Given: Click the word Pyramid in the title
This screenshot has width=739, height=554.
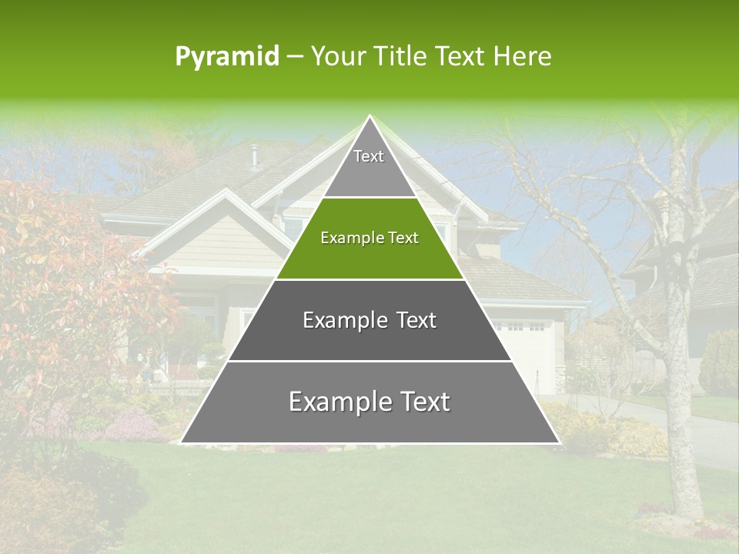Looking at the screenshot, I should click(x=227, y=57).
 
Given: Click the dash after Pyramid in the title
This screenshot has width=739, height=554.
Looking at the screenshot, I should click(x=295, y=57).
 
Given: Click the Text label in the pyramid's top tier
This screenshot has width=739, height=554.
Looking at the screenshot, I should click(x=369, y=156).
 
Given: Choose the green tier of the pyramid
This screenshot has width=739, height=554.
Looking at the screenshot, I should click(x=369, y=258).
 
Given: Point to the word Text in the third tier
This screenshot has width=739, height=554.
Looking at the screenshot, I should click(x=416, y=320).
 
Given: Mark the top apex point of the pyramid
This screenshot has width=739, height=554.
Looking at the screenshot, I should click(x=370, y=116).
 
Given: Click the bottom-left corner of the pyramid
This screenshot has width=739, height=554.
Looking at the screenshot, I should click(x=181, y=442).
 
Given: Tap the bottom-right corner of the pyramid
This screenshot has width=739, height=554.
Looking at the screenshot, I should click(x=559, y=442).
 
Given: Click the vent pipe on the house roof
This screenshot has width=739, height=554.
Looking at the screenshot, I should click(x=253, y=156).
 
